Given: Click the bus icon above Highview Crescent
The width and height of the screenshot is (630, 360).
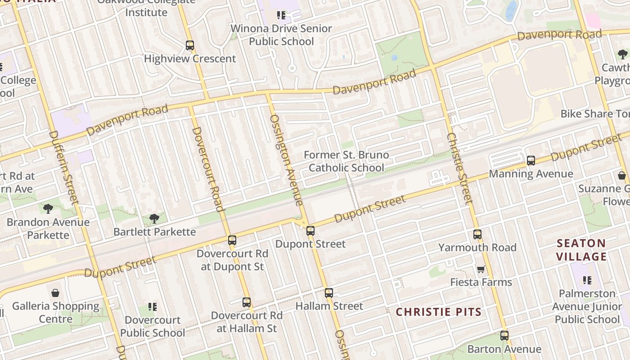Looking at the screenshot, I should coord(189,45).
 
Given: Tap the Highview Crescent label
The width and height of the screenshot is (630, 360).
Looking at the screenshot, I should coord(189,58).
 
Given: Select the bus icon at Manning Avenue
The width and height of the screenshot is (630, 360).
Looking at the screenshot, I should coord(531,161).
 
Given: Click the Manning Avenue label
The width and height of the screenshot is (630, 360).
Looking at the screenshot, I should coord(531,174).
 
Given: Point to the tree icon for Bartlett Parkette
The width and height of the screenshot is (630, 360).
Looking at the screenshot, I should coord(154,219).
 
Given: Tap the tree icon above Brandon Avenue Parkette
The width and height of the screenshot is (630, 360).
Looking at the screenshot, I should coord(48,209).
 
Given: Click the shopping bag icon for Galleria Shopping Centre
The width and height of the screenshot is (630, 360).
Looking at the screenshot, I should coord(55,293).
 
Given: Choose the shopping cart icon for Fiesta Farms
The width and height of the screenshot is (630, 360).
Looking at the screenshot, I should coord(481,269).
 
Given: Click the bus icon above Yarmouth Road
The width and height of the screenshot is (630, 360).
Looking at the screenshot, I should coord(477,234).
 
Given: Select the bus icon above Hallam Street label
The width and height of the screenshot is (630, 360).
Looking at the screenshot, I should coord(329,293).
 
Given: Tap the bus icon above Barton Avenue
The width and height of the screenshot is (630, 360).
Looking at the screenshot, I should coord(504,336).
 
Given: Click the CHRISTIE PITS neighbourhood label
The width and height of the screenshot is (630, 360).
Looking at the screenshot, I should coord(439,312).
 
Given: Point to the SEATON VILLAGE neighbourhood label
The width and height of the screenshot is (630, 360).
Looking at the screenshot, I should coord(581,250).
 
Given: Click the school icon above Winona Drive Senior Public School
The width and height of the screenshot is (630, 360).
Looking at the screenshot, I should coord(281,16).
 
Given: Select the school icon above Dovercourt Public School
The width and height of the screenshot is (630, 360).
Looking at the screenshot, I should coord(153,307).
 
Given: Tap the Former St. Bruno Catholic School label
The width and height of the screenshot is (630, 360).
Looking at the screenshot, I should coord(346,161).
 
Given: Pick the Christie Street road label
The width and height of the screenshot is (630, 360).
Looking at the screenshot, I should coord(459,169).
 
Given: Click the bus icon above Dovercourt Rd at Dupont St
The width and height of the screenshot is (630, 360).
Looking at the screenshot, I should coord(232,240).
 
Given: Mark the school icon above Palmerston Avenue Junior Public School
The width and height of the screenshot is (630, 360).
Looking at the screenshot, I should coord(587,280).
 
